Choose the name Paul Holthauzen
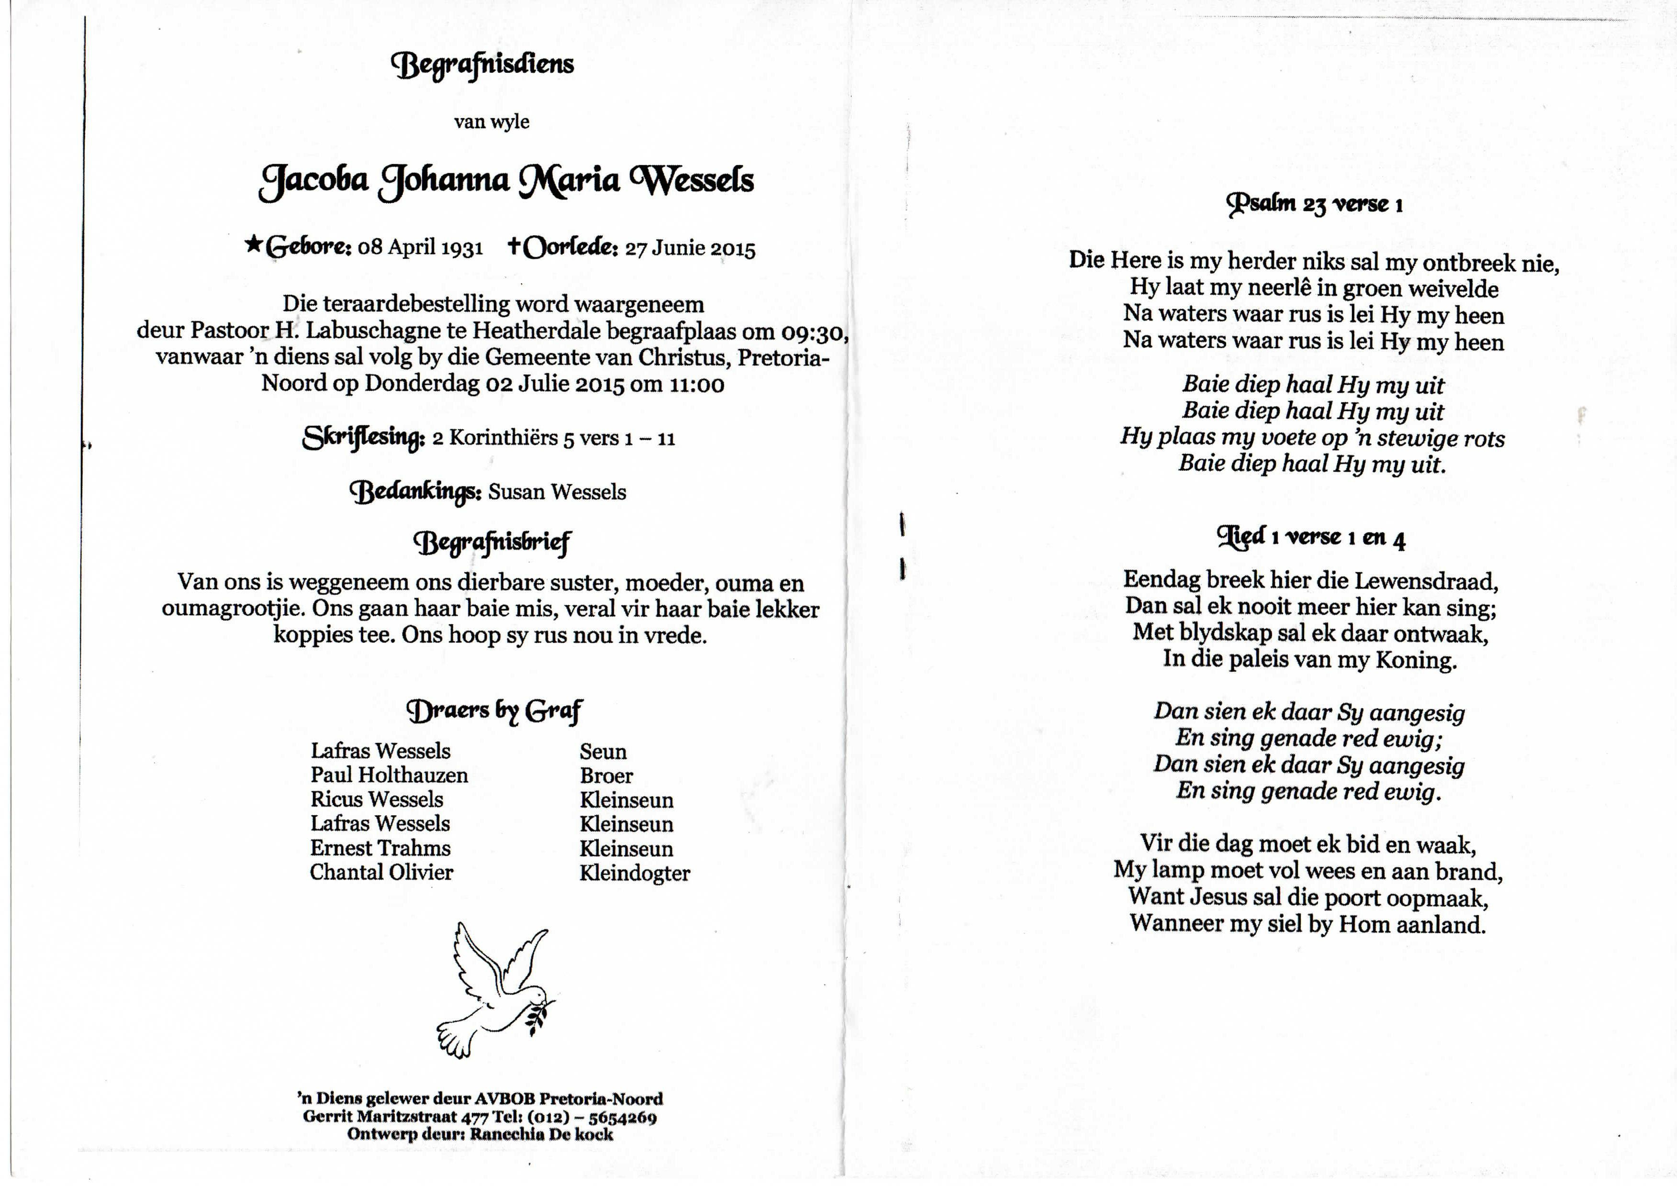(x=389, y=775)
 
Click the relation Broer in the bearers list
(x=606, y=776)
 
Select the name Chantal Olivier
(x=381, y=872)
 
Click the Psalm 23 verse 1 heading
(x=1314, y=204)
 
